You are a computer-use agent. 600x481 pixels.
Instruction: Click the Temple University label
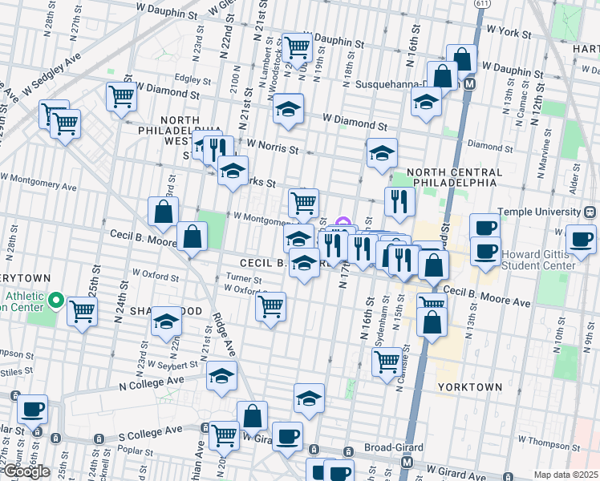[540, 212]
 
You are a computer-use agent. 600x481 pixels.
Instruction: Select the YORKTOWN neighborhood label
[470, 386]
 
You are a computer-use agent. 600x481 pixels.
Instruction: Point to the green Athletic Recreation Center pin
[55, 301]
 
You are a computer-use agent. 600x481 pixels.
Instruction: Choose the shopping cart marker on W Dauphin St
[298, 48]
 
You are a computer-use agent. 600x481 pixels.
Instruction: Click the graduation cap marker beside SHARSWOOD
[166, 322]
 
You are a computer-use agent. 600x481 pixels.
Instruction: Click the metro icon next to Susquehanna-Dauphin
[470, 83]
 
